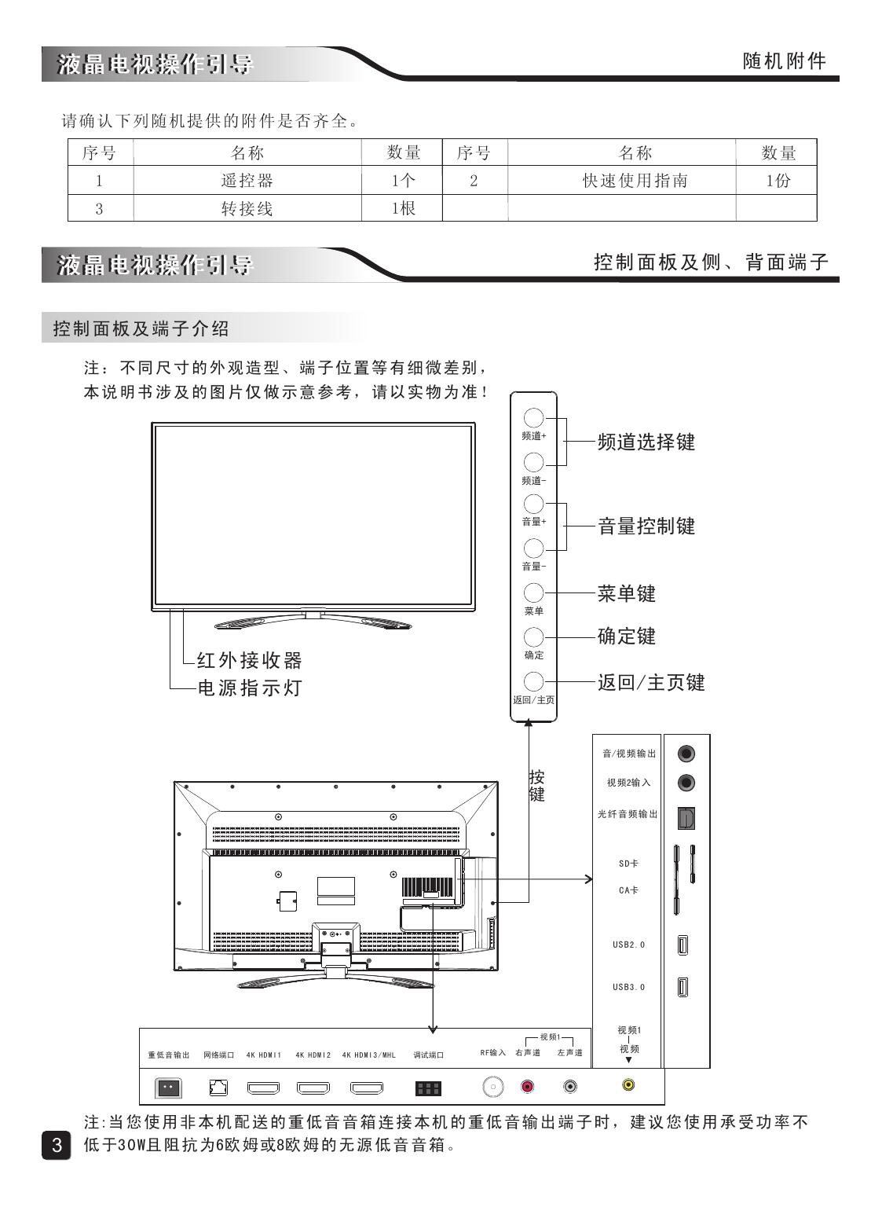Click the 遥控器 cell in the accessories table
(247, 181)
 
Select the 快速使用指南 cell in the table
(635, 181)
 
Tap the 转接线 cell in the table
(247, 208)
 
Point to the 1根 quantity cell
(403, 208)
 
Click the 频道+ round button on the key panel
(533, 418)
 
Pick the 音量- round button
(533, 548)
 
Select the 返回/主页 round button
(533, 681)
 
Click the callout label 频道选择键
(646, 442)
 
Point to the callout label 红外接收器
(249, 660)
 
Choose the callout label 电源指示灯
(249, 688)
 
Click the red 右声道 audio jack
(528, 1087)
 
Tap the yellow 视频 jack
(628, 1084)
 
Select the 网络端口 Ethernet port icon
(218, 1088)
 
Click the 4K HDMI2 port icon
(313, 1088)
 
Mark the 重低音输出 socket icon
(169, 1088)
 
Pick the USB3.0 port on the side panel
(683, 986)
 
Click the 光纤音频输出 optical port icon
(686, 816)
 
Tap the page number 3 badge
(56, 1144)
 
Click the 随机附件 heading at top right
(784, 61)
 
